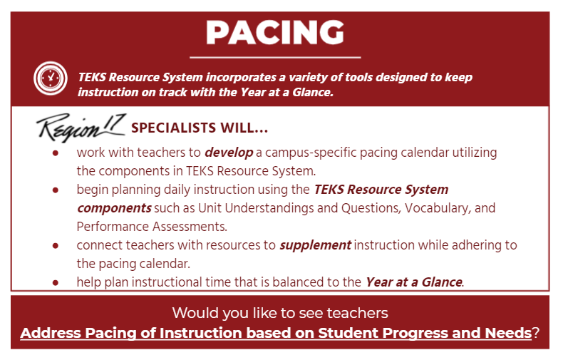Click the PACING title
point(275,32)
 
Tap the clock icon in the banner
point(51,78)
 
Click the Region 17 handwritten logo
point(81,128)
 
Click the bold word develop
point(229,153)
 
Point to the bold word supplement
point(315,245)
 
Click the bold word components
point(114,208)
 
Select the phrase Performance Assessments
point(152,227)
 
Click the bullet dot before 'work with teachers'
point(56,153)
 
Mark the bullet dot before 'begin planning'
point(56,190)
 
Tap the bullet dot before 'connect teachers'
point(56,246)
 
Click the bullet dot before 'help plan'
point(56,283)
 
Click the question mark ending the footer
point(536,333)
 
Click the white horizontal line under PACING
point(275,57)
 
